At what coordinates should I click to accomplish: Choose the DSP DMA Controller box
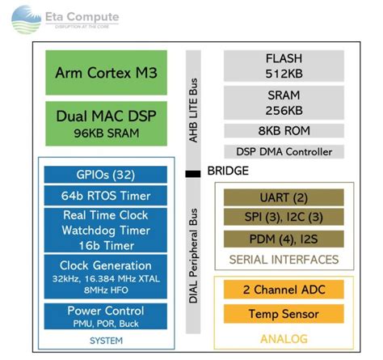point(284,151)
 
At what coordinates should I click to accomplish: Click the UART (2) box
point(284,197)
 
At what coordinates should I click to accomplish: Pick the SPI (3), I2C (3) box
point(284,218)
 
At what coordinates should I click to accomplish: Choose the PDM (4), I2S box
point(284,239)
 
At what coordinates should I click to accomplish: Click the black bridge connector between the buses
point(192,172)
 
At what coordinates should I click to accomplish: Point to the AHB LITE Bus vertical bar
point(192,105)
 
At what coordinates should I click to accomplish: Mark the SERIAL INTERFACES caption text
point(284,259)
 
